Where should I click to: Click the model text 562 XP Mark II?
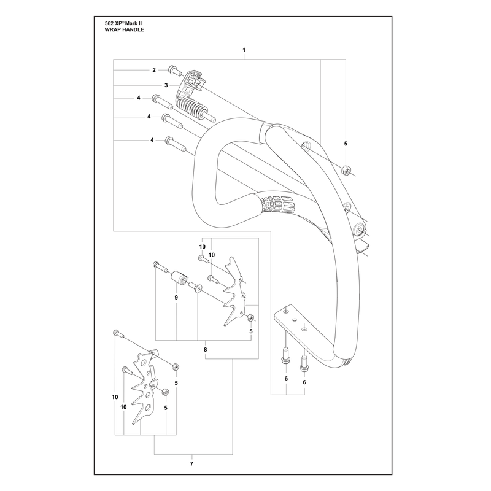pyautogui.click(x=120, y=23)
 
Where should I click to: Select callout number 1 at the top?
pyautogui.click(x=244, y=50)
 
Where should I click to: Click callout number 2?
pyautogui.click(x=154, y=70)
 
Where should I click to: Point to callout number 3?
pyautogui.click(x=166, y=85)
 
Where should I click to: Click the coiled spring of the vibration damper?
pyautogui.click(x=193, y=108)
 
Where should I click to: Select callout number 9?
pyautogui.click(x=176, y=297)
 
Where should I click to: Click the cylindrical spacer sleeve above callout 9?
pyautogui.click(x=179, y=277)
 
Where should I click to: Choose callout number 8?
pyautogui.click(x=206, y=349)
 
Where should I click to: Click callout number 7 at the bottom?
pyautogui.click(x=191, y=463)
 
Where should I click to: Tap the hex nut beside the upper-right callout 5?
pyautogui.click(x=346, y=171)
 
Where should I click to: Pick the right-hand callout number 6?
pyautogui.click(x=304, y=382)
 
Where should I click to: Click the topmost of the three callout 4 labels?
pyautogui.click(x=139, y=98)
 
